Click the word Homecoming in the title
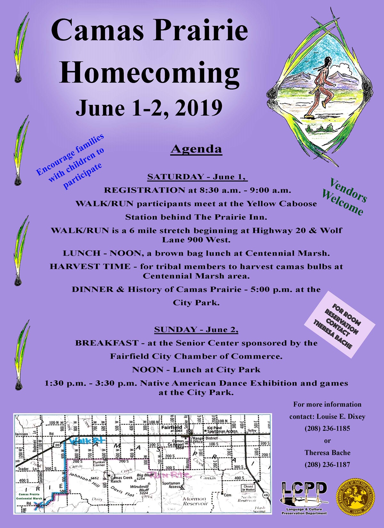pyautogui.click(x=149, y=72)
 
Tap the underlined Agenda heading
pyautogui.click(x=196, y=149)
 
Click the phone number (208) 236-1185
pyautogui.click(x=327, y=428)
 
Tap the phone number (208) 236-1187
pyautogui.click(x=327, y=465)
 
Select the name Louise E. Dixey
pyautogui.click(x=341, y=417)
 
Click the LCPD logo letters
pyautogui.click(x=304, y=489)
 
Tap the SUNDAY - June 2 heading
pyautogui.click(x=196, y=330)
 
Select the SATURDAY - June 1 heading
pyautogui.click(x=197, y=177)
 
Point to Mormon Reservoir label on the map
pyautogui.click(x=195, y=501)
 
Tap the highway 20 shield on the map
pyautogui.click(x=57, y=445)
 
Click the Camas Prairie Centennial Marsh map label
pyautogui.click(x=29, y=496)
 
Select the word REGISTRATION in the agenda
pyautogui.click(x=144, y=190)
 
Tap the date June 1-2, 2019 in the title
pyautogui.click(x=149, y=108)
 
